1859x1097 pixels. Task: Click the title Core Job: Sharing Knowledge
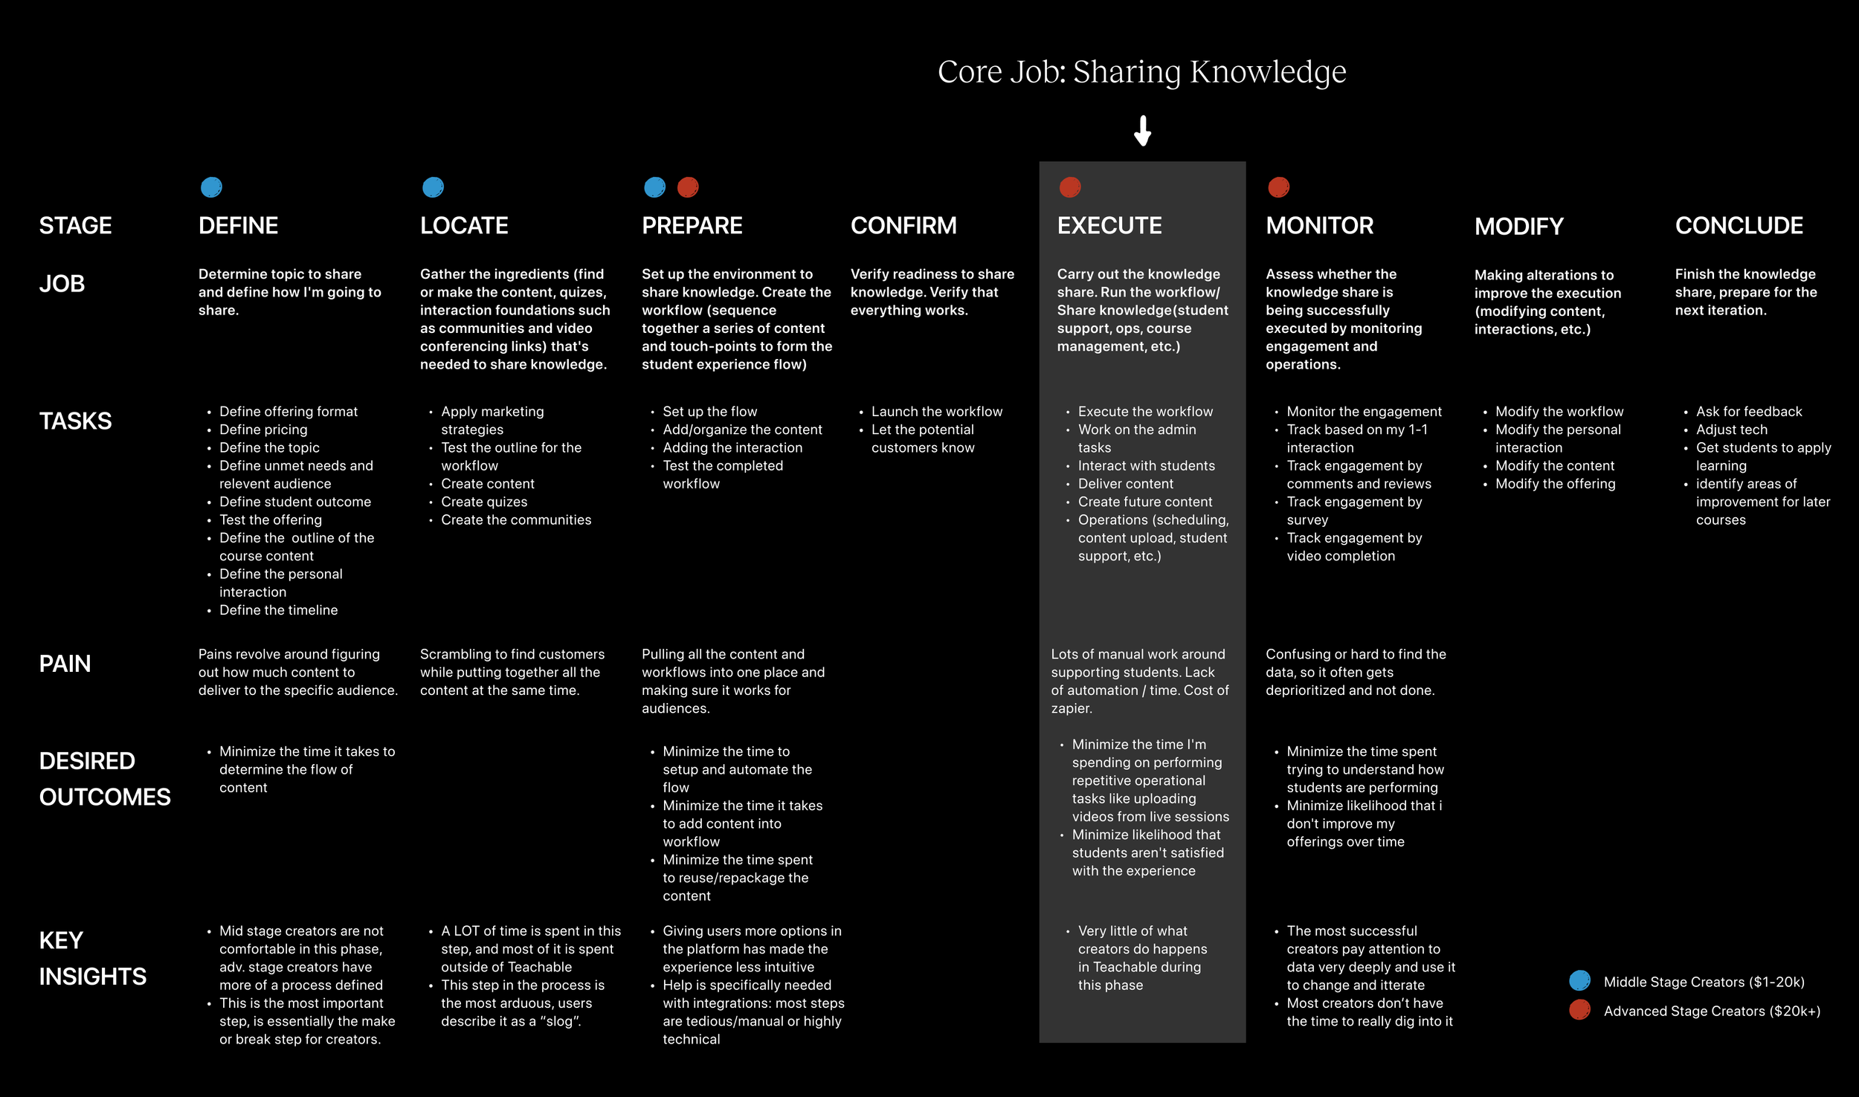click(x=1141, y=72)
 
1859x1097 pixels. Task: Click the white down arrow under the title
click(x=1142, y=131)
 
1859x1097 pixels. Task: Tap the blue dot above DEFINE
click(x=211, y=187)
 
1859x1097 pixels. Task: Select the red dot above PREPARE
click(x=688, y=187)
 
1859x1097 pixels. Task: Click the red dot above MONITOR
click(x=1278, y=187)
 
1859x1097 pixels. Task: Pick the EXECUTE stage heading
click(x=1109, y=226)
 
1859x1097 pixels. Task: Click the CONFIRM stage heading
click(x=903, y=226)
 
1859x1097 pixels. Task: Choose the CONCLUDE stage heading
click(x=1739, y=226)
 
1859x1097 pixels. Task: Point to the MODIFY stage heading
click(x=1518, y=227)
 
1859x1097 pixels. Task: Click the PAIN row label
click(x=65, y=664)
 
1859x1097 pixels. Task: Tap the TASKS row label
click(x=75, y=421)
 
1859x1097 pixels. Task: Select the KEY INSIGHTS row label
click(x=92, y=958)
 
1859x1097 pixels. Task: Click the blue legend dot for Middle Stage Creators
click(x=1579, y=981)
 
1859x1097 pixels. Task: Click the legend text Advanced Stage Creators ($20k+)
click(x=1712, y=1011)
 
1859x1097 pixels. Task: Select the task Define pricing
click(x=263, y=430)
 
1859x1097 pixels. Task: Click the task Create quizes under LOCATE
click(x=484, y=502)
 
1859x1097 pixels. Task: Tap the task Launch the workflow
click(x=936, y=412)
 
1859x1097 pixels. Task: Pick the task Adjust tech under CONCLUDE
click(x=1731, y=430)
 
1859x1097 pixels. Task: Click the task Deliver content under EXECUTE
click(x=1125, y=484)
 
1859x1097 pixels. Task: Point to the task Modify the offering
click(x=1555, y=484)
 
